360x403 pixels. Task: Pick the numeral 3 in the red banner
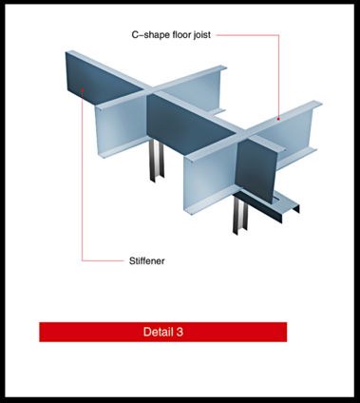coord(179,332)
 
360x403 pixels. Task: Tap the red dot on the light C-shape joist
coord(278,118)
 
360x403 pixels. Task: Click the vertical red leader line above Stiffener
coord(83,190)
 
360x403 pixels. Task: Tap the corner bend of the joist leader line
coord(278,35)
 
